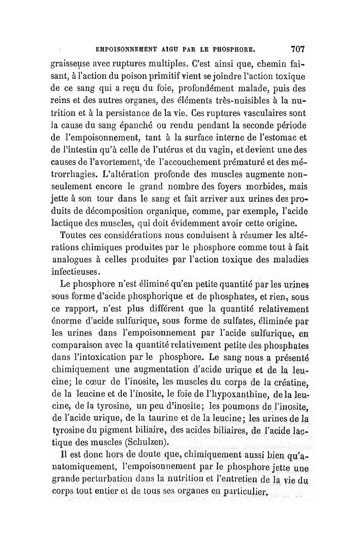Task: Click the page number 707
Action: pyautogui.click(x=298, y=47)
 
